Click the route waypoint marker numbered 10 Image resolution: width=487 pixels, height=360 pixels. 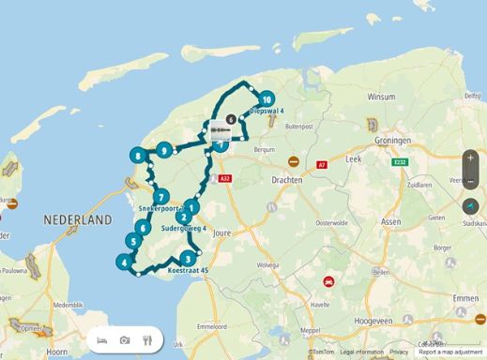[x=267, y=98]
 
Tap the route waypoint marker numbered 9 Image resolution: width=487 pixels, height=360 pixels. [x=164, y=149]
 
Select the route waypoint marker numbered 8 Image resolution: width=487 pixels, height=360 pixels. [x=138, y=157]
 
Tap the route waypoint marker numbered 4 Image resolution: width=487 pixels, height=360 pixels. [x=124, y=263]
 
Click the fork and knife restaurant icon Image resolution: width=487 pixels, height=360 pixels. [x=147, y=339]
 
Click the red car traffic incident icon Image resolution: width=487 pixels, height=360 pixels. [x=328, y=280]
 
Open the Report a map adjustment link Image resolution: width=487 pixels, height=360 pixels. [x=450, y=352]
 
